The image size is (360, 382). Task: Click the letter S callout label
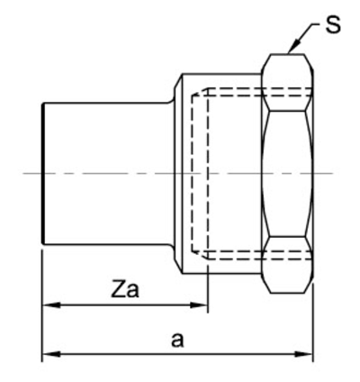click(333, 24)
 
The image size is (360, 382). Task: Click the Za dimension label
click(125, 289)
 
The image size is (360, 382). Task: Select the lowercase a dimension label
click(177, 340)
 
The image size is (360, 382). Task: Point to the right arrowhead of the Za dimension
click(199, 305)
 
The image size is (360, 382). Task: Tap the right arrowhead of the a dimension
click(304, 354)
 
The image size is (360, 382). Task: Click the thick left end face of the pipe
click(43, 174)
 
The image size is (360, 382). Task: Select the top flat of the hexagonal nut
click(287, 54)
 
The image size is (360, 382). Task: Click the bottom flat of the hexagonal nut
click(287, 293)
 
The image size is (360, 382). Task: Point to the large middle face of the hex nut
click(287, 174)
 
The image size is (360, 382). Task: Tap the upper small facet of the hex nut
click(287, 83)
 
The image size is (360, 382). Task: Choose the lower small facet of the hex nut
click(287, 265)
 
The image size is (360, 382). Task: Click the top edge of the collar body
click(222, 74)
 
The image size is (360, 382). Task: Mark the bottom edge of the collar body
click(222, 273)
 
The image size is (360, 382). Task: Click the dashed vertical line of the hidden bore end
click(193, 174)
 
